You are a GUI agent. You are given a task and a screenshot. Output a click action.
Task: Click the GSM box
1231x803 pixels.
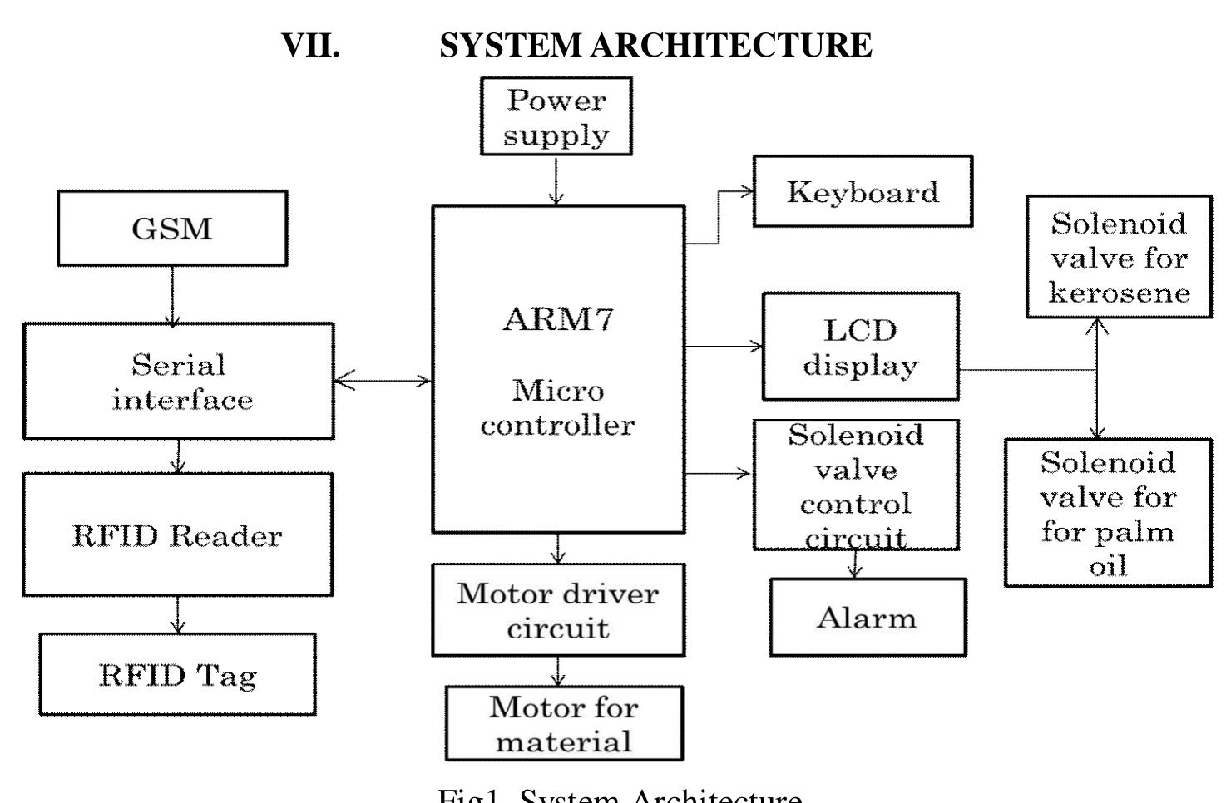(x=172, y=229)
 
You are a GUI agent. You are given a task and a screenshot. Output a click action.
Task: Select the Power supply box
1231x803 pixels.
(x=556, y=116)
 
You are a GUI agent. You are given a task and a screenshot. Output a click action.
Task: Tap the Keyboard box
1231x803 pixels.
(x=863, y=192)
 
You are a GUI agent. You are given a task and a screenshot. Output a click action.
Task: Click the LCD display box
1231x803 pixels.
(x=860, y=347)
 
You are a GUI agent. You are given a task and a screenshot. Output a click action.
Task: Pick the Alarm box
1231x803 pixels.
(x=868, y=618)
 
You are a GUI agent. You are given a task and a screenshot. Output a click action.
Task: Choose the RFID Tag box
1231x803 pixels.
(x=178, y=674)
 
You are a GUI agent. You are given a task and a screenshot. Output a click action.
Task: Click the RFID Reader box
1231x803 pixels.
(x=177, y=535)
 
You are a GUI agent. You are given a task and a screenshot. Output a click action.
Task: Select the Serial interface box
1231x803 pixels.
(x=179, y=382)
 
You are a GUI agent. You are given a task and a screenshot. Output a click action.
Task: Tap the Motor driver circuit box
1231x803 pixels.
(x=558, y=610)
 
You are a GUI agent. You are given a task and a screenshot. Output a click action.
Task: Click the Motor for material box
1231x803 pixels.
(x=564, y=723)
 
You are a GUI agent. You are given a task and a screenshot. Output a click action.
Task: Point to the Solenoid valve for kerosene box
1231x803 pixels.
(x=1119, y=257)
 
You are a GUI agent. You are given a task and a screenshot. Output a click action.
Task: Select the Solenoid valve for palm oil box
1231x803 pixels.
(x=1108, y=513)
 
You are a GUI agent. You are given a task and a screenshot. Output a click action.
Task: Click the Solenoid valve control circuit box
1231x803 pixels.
(x=856, y=485)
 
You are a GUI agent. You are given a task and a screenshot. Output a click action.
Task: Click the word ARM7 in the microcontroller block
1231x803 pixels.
(x=558, y=320)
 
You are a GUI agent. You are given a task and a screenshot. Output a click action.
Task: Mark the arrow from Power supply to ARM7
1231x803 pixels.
(x=556, y=180)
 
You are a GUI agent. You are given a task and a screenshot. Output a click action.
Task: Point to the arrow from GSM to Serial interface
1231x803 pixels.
(x=172, y=294)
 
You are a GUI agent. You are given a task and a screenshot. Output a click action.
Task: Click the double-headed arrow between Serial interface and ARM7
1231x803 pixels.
(x=383, y=382)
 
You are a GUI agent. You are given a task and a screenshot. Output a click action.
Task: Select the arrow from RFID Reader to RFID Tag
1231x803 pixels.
(x=177, y=614)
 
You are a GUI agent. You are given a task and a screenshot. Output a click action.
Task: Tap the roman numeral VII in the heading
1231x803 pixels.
(x=311, y=45)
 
